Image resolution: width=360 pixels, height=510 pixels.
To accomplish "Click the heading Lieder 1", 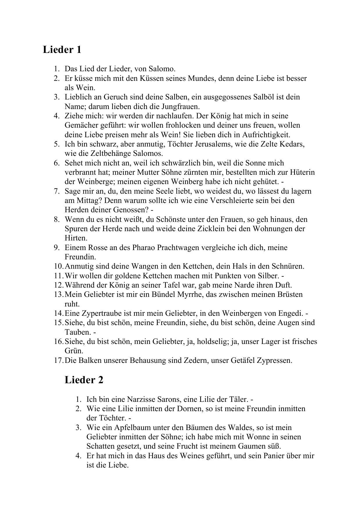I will pos(62,49).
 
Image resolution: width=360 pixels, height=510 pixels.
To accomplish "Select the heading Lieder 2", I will pos(84,380).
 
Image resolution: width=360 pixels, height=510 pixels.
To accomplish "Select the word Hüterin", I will pos(302,172).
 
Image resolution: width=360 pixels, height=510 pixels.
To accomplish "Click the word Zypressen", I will pos(274,360).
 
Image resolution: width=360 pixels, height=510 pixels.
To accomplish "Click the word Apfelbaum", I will pos(133,427).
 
